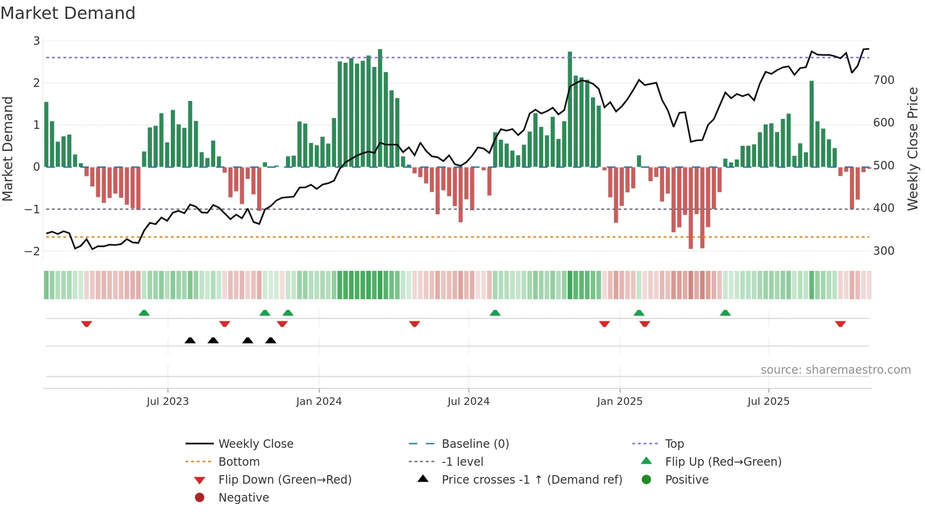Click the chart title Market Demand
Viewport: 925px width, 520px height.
pos(68,13)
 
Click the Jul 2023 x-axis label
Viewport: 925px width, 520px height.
pos(168,402)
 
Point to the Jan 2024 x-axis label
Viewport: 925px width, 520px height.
pos(319,402)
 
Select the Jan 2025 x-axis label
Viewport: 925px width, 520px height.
pos(619,402)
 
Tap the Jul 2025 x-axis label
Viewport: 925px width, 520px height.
pos(768,402)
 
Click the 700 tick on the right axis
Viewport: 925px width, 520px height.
pos(883,80)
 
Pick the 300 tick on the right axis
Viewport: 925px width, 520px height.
pos(883,251)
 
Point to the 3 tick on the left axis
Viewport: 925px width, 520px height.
pos(36,41)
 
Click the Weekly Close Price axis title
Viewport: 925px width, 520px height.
pos(913,149)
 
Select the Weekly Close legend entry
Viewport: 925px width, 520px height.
pos(255,444)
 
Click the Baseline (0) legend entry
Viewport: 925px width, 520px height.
pos(475,444)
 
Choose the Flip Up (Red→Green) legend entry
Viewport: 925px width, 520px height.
pos(723,462)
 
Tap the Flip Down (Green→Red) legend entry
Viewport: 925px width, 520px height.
pos(285,480)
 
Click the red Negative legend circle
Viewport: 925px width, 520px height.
pos(200,498)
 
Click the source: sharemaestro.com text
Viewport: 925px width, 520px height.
pos(835,370)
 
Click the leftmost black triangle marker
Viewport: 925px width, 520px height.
pos(190,341)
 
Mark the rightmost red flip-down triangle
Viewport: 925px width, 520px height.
pos(840,324)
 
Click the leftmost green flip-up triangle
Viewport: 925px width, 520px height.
pos(144,313)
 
